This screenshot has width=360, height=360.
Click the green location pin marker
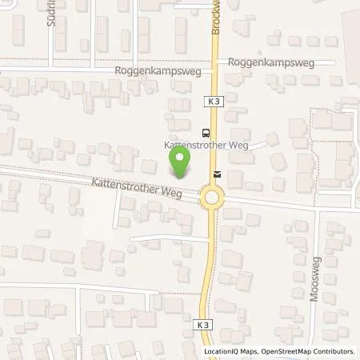[x=181, y=162]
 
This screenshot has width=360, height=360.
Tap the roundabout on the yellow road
[x=212, y=197]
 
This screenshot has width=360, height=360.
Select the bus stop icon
[x=206, y=132]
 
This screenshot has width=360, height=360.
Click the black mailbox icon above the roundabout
[x=215, y=172]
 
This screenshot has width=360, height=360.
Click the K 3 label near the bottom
[x=203, y=303]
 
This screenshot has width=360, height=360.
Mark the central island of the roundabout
[x=212, y=197]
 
